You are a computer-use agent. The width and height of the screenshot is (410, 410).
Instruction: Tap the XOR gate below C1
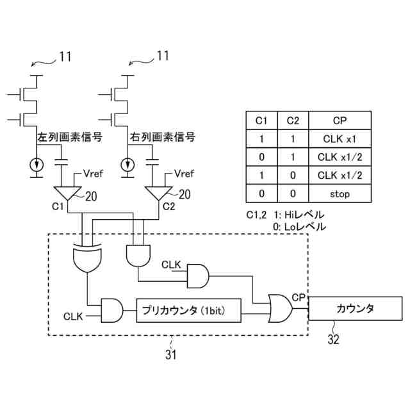tap(88, 259)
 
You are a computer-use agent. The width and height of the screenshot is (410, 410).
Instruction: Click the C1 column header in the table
tap(261, 120)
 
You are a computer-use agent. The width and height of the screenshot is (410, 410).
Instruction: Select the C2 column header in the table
tap(292, 120)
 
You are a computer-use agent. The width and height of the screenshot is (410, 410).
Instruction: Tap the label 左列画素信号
tap(61, 136)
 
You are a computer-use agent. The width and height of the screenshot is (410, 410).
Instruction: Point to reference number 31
tap(170, 354)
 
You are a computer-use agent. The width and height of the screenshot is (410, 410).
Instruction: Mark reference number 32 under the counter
tap(333, 340)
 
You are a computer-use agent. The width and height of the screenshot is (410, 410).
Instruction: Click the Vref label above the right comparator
tap(184, 173)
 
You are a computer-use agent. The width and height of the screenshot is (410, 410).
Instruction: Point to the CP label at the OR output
tap(298, 297)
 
